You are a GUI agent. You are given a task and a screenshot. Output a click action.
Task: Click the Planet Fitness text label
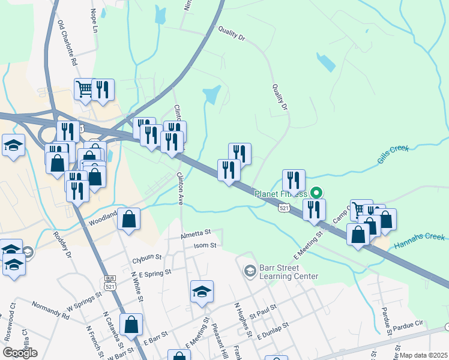[281, 194]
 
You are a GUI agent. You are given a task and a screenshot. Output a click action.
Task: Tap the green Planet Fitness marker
[316, 193]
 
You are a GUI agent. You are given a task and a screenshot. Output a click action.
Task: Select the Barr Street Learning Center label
[288, 272]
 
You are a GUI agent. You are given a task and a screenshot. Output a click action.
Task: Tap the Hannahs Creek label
[420, 241]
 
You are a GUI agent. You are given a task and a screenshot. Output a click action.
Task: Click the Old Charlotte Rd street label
[67, 44]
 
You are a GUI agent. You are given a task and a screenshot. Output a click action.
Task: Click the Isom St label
[204, 245]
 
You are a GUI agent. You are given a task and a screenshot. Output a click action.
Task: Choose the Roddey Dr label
[62, 246]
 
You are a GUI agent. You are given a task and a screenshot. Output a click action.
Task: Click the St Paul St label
[263, 311]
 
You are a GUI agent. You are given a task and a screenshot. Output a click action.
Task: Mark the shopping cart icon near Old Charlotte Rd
[85, 89]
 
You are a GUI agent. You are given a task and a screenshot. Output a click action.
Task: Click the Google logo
[20, 353]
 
